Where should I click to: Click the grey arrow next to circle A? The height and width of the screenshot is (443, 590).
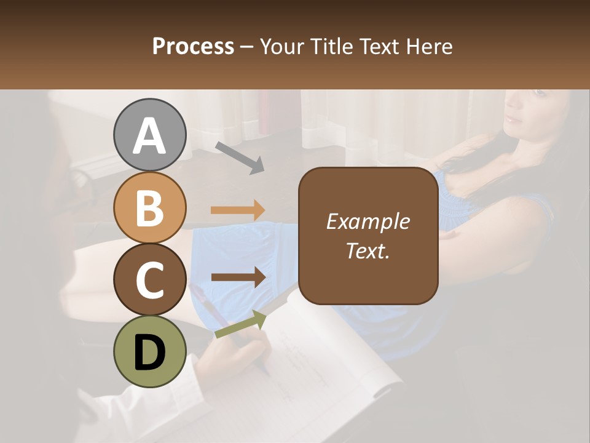240,157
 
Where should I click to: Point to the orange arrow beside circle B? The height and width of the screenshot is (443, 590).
238,210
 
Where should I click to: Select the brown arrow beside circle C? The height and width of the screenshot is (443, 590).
238,277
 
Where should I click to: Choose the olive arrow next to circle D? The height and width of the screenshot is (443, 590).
240,324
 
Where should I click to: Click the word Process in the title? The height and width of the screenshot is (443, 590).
193,46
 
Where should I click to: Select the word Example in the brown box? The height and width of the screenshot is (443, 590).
368,221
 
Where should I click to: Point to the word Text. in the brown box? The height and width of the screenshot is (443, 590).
368,250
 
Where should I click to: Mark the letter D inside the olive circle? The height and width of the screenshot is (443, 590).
149,353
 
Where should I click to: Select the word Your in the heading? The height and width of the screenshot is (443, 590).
282,46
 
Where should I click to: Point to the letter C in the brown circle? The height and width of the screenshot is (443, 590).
149,281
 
